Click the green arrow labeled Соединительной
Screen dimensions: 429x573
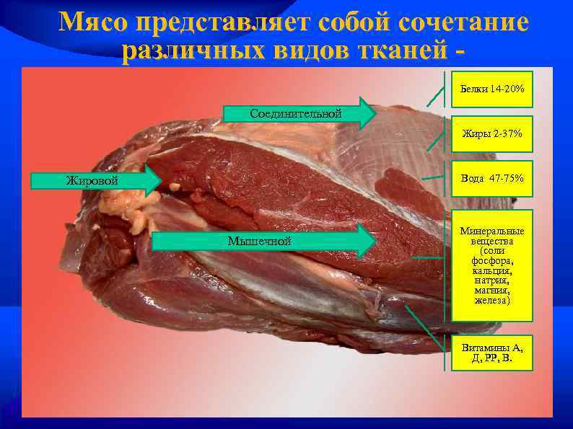click(299, 113)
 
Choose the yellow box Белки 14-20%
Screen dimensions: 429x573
click(492, 89)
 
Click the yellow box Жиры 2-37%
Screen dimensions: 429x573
click(492, 134)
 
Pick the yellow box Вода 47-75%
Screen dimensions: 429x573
click(492, 178)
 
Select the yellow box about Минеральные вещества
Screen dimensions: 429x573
click(492, 265)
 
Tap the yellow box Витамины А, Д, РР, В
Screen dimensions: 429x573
click(492, 353)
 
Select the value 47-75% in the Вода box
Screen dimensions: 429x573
click(505, 178)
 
